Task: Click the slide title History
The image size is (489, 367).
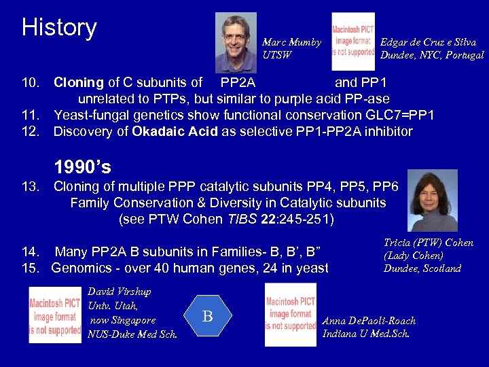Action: [59, 28]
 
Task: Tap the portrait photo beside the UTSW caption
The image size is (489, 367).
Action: [236, 41]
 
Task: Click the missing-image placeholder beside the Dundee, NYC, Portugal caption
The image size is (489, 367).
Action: [352, 42]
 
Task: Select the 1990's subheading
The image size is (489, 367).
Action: [82, 167]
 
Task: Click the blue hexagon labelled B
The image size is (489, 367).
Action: [208, 316]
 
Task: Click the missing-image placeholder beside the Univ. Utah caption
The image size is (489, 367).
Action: [55, 315]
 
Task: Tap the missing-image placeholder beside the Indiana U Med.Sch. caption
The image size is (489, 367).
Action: [291, 315]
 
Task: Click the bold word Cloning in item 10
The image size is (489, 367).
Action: [79, 83]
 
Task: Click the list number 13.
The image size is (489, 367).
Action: [31, 187]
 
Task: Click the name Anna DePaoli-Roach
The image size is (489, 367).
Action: [369, 321]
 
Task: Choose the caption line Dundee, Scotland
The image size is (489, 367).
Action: [422, 268]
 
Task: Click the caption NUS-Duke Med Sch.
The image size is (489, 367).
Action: [132, 334]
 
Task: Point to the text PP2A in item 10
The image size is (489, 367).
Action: [238, 83]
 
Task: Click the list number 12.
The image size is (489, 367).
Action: [31, 130]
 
